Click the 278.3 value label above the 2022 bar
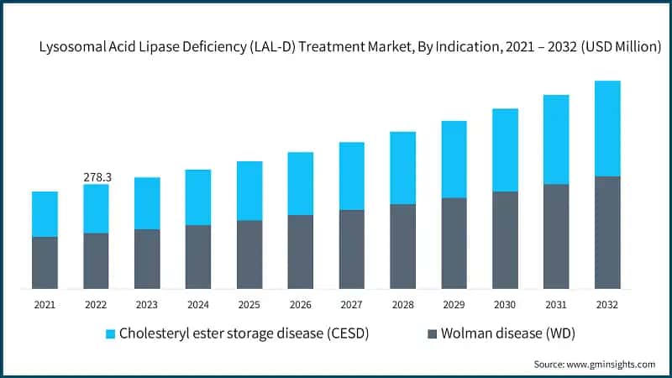[97, 177]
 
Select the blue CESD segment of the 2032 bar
[607, 129]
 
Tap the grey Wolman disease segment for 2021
[45, 263]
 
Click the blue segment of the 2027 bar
[351, 176]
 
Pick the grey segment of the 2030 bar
[505, 240]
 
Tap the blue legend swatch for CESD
[109, 333]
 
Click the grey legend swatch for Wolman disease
[433, 333]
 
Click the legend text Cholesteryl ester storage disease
[244, 333]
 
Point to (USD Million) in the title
[617, 48]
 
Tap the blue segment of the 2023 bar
[147, 203]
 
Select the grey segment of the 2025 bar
[249, 255]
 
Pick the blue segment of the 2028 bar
[402, 168]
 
